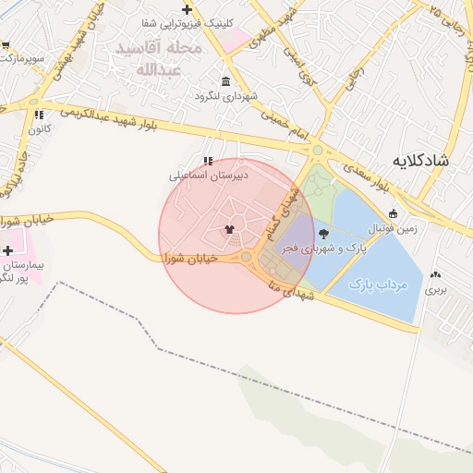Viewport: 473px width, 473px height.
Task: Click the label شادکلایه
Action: (420, 161)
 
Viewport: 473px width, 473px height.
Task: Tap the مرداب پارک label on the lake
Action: (379, 285)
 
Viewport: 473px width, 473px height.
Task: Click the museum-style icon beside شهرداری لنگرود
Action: (226, 81)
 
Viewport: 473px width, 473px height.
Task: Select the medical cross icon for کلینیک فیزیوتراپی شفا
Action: (187, 9)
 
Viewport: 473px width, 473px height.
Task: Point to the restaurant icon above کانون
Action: (39, 115)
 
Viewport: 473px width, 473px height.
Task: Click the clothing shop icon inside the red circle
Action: (229, 228)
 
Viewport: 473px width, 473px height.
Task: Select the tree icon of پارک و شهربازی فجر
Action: (322, 234)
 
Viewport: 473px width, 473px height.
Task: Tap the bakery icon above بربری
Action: (435, 274)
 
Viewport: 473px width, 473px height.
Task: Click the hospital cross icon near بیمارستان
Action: (8, 250)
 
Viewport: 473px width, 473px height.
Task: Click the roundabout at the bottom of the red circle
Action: (247, 257)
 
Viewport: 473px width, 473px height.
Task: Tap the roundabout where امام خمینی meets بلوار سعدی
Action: (317, 150)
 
